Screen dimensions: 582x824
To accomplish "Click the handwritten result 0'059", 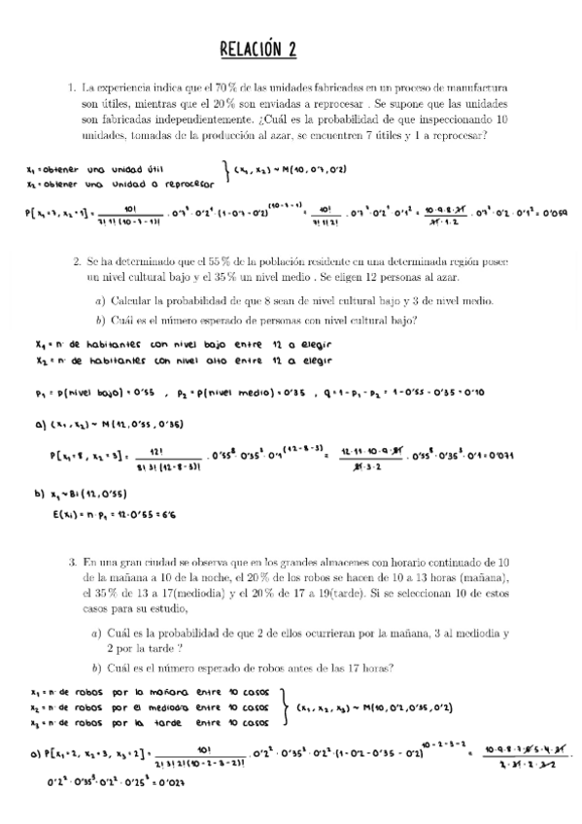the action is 556,213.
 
